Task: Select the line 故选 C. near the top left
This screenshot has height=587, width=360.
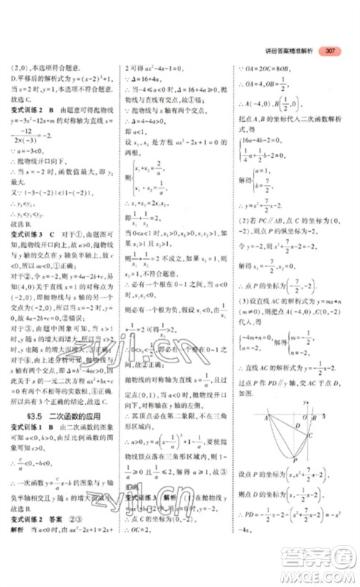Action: tap(22, 96)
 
